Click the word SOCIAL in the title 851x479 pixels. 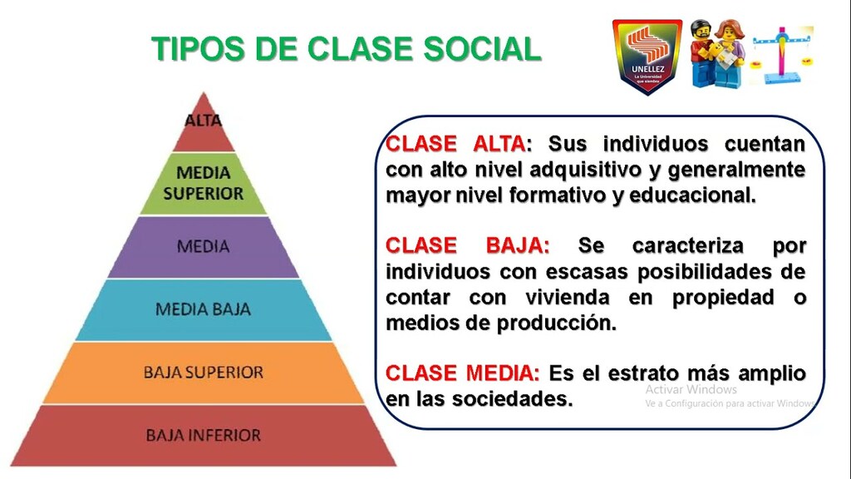(482, 49)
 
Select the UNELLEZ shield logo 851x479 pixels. (647, 57)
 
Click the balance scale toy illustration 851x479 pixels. (781, 55)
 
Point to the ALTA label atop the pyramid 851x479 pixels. (204, 120)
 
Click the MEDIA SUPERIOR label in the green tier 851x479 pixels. (204, 183)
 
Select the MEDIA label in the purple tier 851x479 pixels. (204, 246)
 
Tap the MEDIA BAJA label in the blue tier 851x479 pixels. (204, 309)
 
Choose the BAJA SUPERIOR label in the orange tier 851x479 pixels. (204, 373)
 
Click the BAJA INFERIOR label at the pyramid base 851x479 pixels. (204, 435)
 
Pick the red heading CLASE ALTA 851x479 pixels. (456, 145)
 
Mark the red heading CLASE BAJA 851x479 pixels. (467, 245)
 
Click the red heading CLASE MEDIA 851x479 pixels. (462, 373)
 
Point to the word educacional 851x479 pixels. (692, 195)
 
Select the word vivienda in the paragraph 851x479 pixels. (568, 298)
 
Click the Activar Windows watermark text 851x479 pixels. (691, 389)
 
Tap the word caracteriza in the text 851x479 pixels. (687, 245)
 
